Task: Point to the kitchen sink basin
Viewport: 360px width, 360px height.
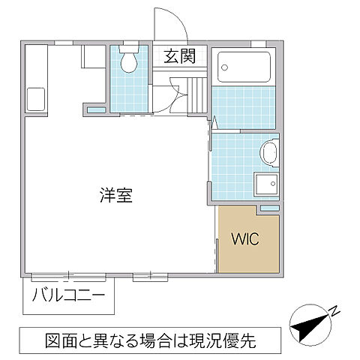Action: [35, 98]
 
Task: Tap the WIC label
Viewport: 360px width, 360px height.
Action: [244, 240]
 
